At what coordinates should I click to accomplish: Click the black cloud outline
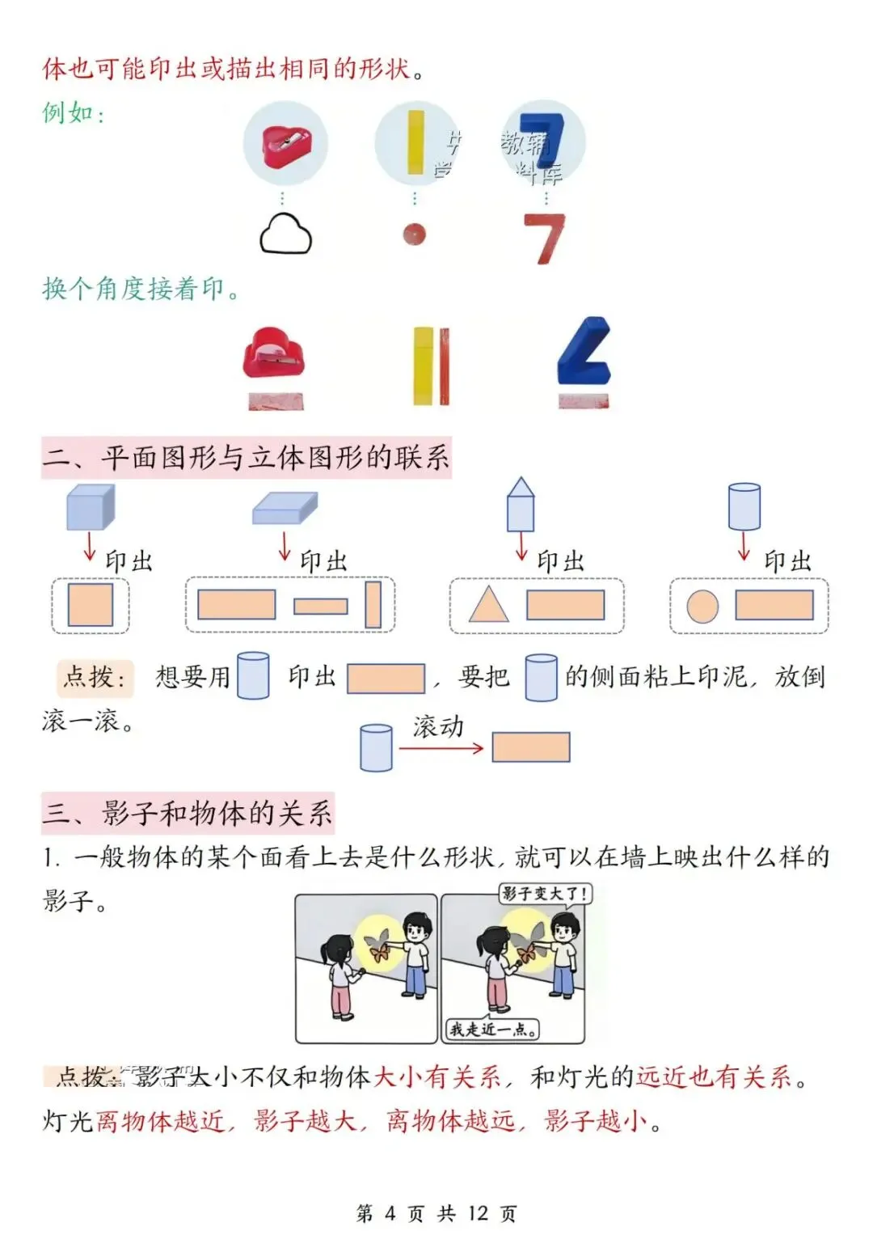285,235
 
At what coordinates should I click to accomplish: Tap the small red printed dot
414,234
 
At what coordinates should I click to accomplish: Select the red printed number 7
543,238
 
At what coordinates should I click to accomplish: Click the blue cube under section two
90,507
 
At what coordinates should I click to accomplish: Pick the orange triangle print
488,604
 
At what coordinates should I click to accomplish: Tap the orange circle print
702,606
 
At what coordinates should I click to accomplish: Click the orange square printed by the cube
91,605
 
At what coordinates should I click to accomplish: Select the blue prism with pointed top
521,504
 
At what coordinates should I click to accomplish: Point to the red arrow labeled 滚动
441,748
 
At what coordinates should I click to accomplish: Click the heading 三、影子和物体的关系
188,813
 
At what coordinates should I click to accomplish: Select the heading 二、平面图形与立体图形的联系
246,458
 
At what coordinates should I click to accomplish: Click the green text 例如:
74,112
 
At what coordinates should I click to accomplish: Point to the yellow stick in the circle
415,142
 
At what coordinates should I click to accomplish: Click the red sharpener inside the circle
285,143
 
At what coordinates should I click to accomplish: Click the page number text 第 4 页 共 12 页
436,1212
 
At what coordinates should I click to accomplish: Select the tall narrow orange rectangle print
373,605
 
